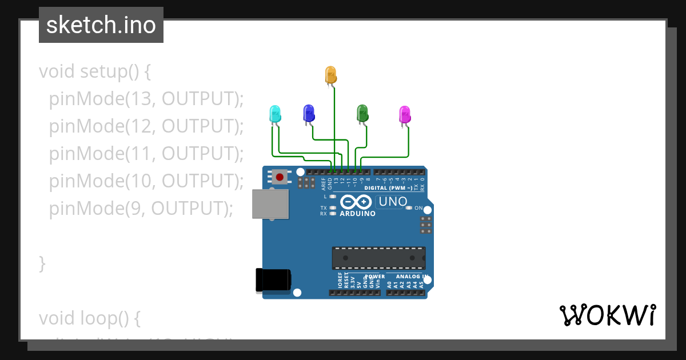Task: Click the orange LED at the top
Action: [x=330, y=75]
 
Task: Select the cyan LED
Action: [x=275, y=113]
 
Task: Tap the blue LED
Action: [x=309, y=113]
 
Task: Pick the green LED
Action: [x=362, y=113]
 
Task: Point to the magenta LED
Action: [x=404, y=114]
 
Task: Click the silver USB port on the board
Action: [x=270, y=204]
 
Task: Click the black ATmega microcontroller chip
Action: [x=378, y=258]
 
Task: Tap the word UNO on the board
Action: [x=393, y=201]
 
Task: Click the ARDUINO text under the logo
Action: [x=358, y=214]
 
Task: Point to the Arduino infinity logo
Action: [x=357, y=202]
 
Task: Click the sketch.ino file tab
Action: [x=101, y=25]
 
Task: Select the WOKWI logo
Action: [x=607, y=315]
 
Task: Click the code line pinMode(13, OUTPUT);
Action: [x=146, y=99]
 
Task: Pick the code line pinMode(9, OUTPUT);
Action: [x=141, y=208]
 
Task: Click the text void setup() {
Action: [x=95, y=71]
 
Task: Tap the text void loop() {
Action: [x=90, y=317]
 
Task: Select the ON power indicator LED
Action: [x=408, y=208]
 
